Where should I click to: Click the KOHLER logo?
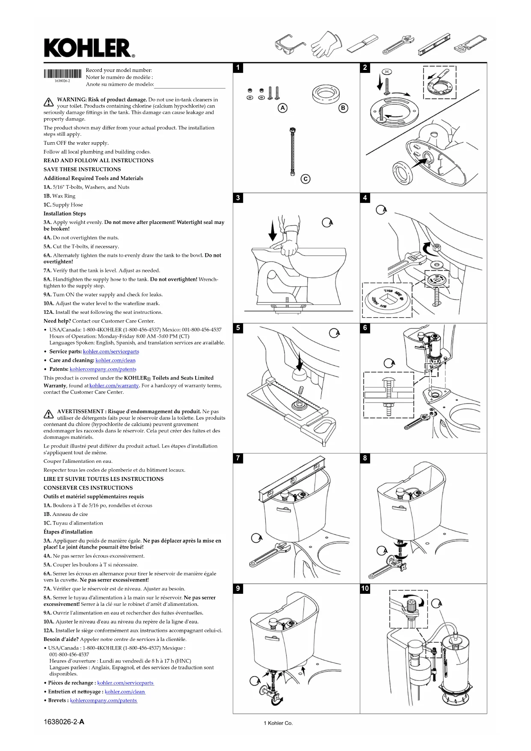point(89,48)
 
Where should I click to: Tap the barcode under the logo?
point(62,74)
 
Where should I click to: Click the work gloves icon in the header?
point(327,44)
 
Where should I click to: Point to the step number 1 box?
point(238,68)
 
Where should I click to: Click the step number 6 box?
point(365,328)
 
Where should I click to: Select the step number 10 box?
point(365,588)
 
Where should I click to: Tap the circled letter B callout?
point(343,108)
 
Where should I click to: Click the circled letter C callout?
point(305,179)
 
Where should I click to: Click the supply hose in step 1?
point(293,152)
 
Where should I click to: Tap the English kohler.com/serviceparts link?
point(111,352)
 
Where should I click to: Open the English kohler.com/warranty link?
point(114,386)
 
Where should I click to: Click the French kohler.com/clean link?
point(125,691)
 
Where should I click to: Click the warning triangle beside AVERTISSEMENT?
point(48,414)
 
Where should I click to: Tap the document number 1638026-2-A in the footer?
point(64,722)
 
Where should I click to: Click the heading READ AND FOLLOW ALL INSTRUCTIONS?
point(98,161)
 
